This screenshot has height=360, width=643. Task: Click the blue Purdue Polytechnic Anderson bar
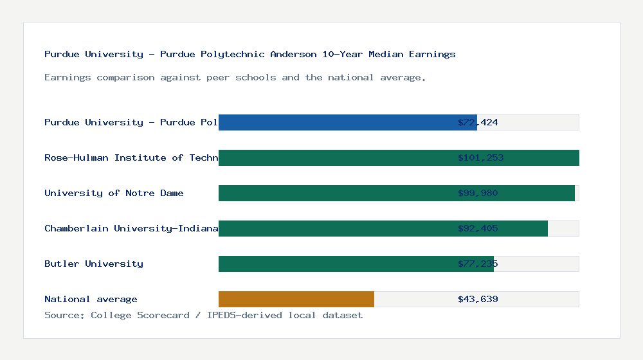(347, 122)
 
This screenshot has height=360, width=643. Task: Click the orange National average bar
(296, 299)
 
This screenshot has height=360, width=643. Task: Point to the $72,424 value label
(478, 122)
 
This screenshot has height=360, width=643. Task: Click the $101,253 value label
(480, 157)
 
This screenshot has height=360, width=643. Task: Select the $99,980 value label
(478, 193)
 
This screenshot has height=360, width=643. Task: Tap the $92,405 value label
(478, 228)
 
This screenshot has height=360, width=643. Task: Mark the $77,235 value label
(478, 264)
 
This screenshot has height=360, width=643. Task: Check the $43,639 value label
(478, 299)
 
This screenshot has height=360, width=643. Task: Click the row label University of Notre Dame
(114, 193)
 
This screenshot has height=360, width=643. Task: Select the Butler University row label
(94, 264)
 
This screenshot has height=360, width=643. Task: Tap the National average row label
(91, 299)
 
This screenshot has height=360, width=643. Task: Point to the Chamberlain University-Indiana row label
(131, 228)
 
